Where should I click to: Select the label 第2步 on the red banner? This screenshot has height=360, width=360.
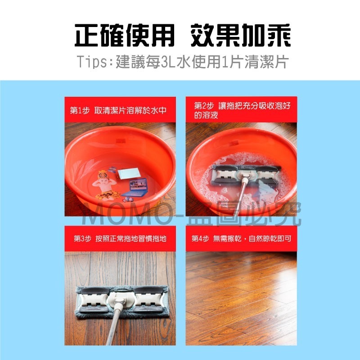[203, 106]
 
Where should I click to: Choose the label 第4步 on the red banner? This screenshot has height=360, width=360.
[200, 238]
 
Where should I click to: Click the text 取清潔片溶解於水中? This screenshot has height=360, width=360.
[128, 110]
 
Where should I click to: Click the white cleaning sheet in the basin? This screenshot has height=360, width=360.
[129, 173]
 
